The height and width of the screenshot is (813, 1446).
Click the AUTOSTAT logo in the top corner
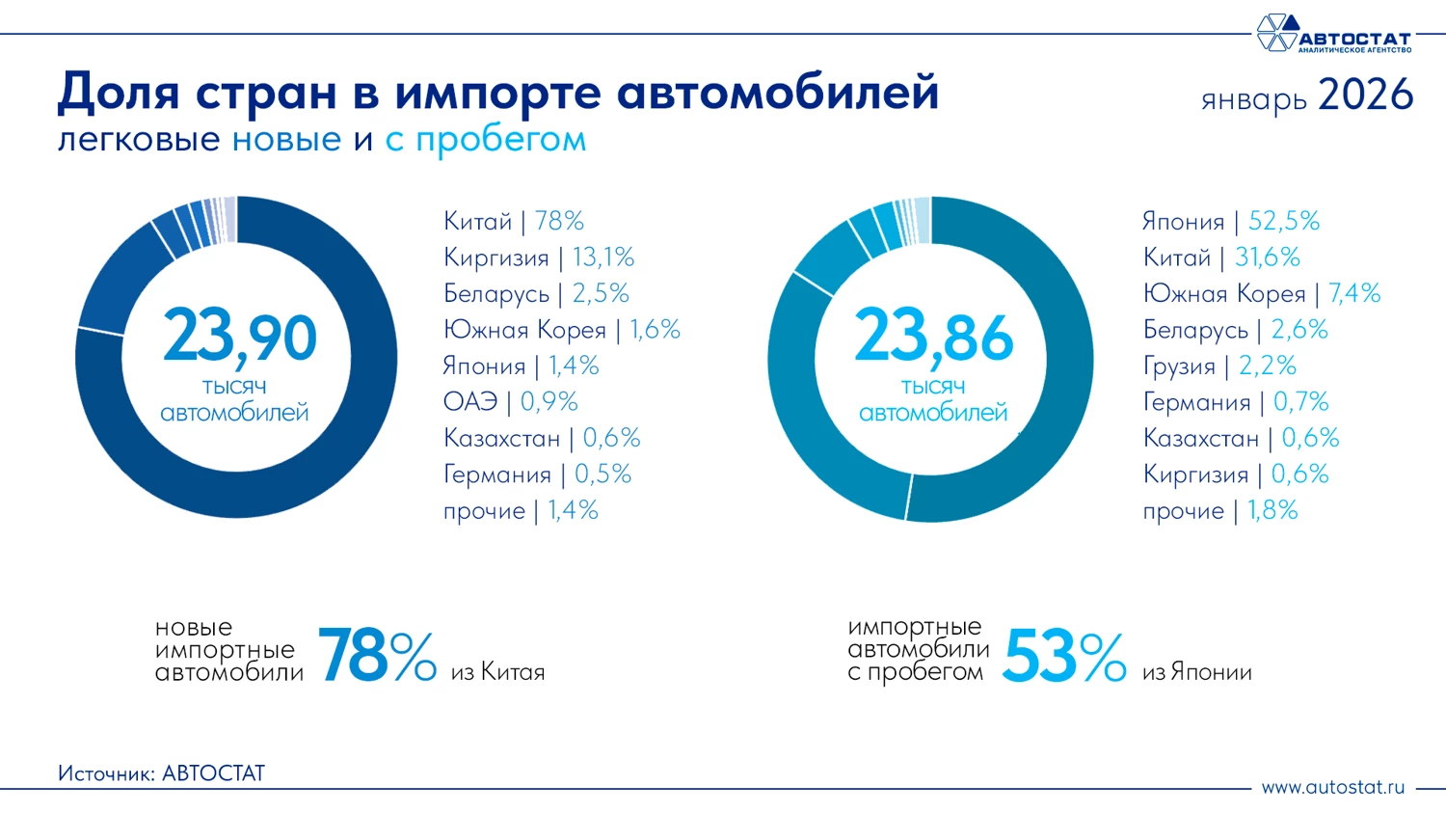coord(1333,34)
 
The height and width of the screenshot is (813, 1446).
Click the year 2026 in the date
coord(1365,95)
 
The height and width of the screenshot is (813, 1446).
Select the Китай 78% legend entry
coord(513,221)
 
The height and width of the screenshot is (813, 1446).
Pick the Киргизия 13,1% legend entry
coord(538,257)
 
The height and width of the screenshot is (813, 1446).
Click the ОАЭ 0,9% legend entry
coord(510,401)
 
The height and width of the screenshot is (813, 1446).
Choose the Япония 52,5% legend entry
coord(1230,221)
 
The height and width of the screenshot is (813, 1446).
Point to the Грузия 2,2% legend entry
coord(1219,366)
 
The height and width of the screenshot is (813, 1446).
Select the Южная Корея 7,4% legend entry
coord(1261,293)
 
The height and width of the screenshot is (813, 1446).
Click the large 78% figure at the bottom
coord(376,656)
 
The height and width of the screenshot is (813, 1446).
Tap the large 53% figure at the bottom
coord(1063,657)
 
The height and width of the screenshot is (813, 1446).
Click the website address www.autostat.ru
coord(1332,787)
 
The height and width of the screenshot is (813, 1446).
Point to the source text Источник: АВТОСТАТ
coord(161,773)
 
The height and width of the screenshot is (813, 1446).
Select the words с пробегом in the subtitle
coord(485,140)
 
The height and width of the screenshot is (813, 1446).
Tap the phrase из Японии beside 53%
coord(1196,672)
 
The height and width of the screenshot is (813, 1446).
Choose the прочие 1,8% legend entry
coord(1219,510)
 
